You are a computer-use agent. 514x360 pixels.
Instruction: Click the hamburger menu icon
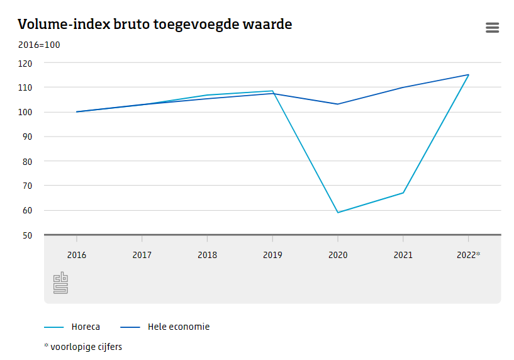[492, 28]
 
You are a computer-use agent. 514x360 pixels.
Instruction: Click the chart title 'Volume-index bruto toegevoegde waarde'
[155, 25]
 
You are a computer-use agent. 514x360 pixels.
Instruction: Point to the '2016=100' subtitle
[39, 45]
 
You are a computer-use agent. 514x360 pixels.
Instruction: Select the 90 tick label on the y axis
[26, 137]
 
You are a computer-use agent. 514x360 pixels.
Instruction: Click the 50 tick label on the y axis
[26, 235]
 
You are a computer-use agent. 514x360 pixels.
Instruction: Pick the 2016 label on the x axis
[77, 255]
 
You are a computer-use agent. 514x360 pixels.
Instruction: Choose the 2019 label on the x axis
[272, 255]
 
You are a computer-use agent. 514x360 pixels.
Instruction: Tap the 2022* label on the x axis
[469, 255]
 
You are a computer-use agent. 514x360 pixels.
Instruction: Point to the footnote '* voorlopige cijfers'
[83, 347]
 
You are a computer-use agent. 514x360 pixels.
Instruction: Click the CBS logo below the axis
[60, 283]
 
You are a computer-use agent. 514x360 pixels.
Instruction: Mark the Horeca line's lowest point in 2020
[338, 213]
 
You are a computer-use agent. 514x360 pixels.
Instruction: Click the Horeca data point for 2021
[403, 193]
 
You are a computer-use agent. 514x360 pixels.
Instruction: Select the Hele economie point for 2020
[338, 104]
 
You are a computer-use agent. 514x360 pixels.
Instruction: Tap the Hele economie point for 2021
[403, 87]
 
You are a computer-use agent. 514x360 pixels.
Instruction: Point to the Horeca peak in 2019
[272, 91]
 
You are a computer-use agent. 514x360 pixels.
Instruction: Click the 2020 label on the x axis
[338, 255]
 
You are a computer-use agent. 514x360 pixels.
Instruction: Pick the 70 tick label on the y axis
[26, 186]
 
